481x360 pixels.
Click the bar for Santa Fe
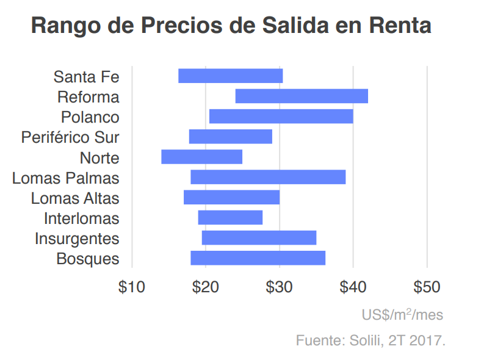coord(230,76)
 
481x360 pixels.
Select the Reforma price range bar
coord(301,96)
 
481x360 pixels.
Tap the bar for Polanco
coord(281,116)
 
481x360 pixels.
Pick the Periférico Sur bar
coord(230,136)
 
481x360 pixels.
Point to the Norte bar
coord(201,157)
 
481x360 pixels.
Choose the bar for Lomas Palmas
coord(268,177)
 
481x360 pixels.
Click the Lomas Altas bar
coord(231,197)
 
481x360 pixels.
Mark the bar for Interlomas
coord(230,217)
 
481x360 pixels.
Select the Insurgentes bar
coord(259,237)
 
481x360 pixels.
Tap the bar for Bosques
coord(258,258)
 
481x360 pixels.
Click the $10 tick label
coord(132,287)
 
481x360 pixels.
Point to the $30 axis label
coord(280,287)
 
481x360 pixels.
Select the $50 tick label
coord(427,287)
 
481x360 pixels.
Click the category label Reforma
coord(89,97)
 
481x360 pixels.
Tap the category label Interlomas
coord(82,218)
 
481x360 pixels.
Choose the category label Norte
coord(99,157)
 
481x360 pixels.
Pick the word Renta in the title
coord(400,26)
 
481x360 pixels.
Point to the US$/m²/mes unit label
coord(402,315)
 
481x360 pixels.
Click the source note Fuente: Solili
coord(371,340)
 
